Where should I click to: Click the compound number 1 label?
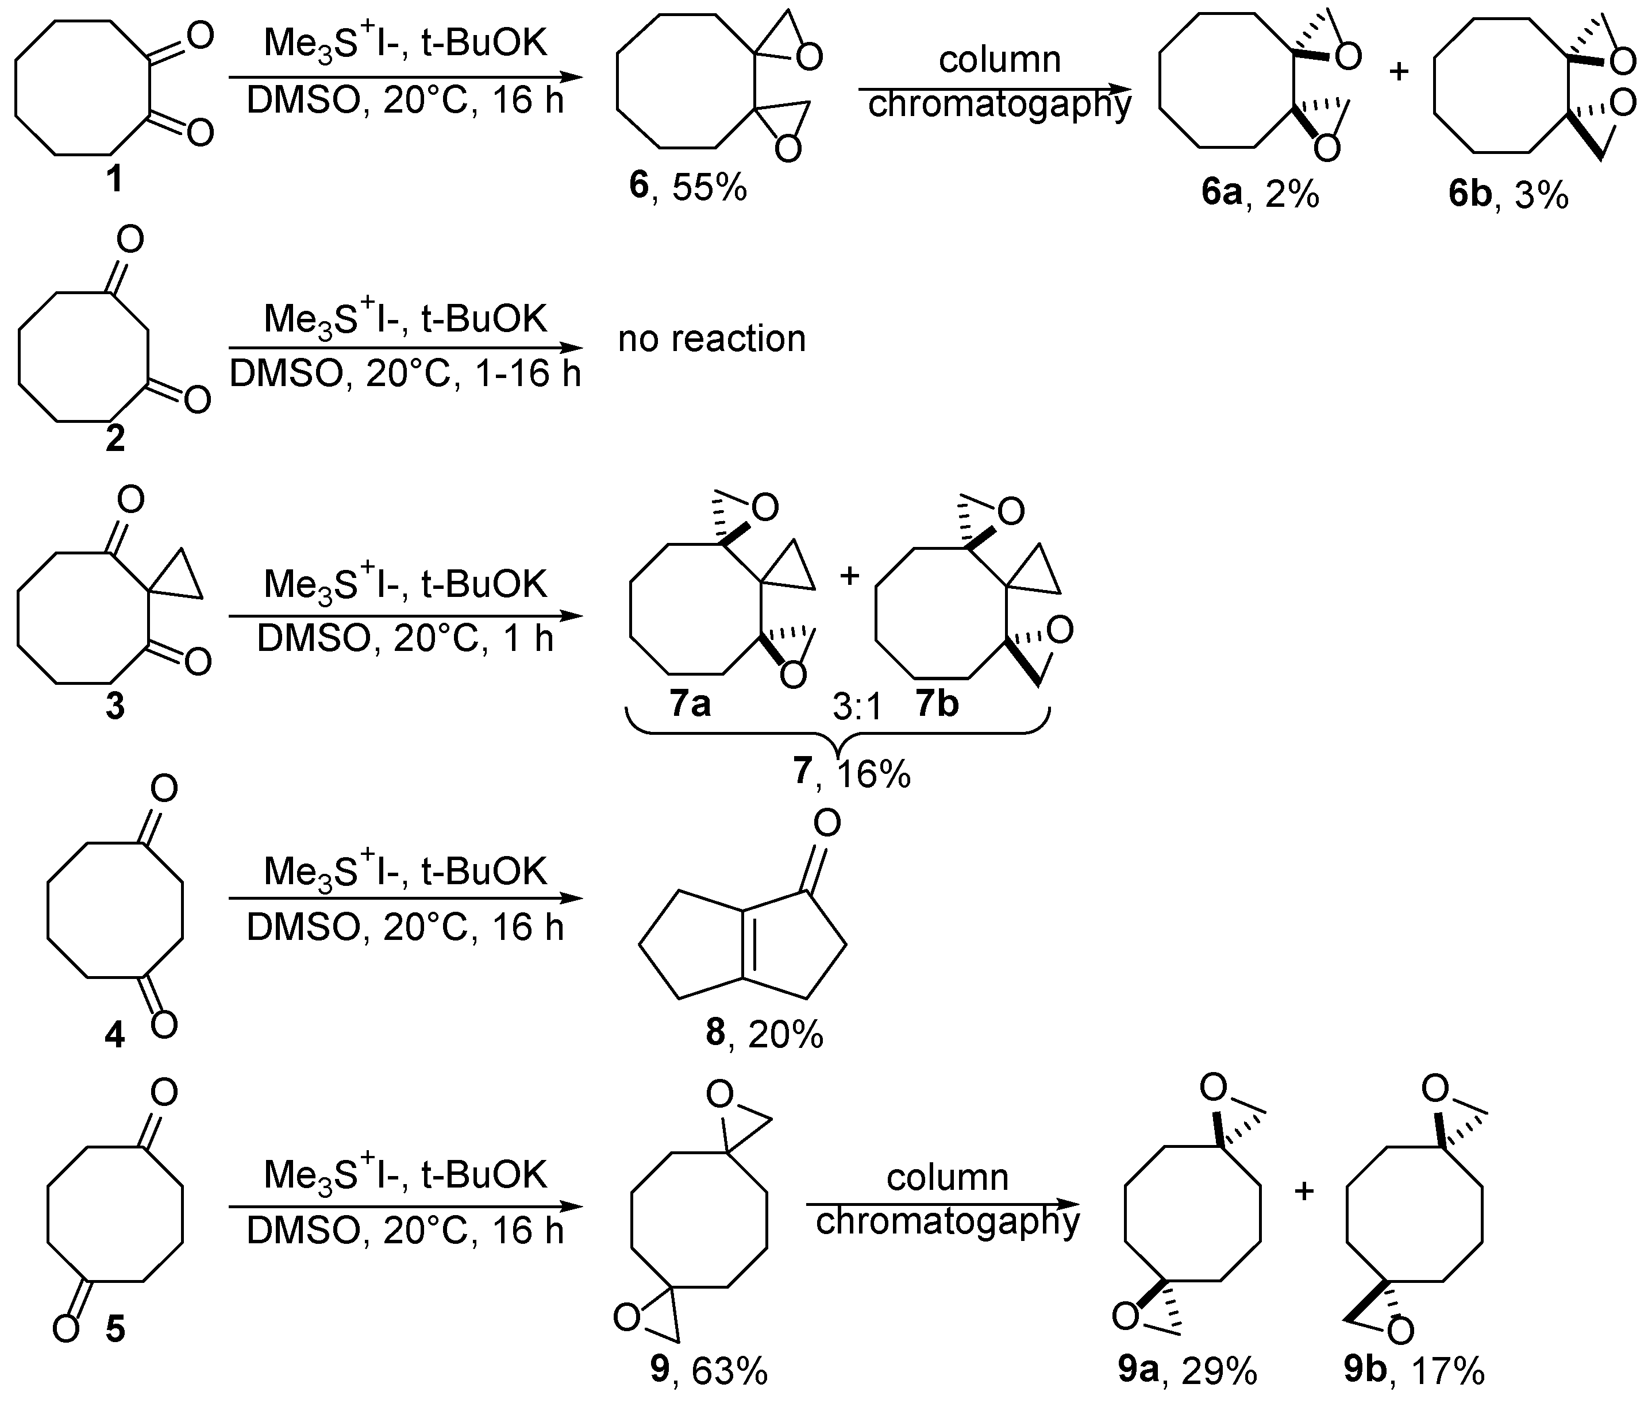click(115, 179)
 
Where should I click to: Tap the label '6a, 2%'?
click(1261, 193)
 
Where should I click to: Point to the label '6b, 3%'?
click(1508, 193)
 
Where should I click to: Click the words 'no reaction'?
click(712, 340)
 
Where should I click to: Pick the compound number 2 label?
click(115, 438)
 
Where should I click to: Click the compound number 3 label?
click(115, 706)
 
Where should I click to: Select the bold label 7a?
click(690, 704)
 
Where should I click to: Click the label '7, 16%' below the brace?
click(852, 773)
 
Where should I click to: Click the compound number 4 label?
click(115, 1035)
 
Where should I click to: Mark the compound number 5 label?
click(115, 1329)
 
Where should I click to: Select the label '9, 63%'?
click(709, 1370)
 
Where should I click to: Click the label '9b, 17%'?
click(1414, 1370)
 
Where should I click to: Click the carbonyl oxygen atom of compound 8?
click(827, 823)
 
